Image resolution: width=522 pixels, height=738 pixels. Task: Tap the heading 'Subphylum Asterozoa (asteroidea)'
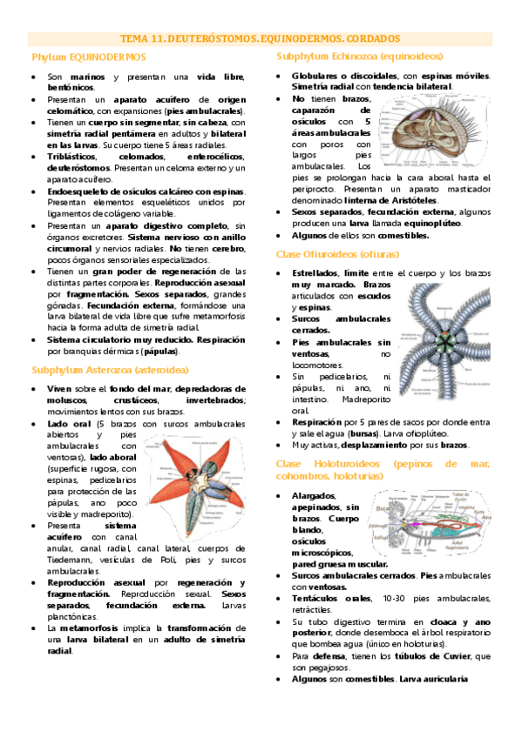click(109, 369)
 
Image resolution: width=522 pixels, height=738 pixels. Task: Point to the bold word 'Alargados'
click(315, 495)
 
